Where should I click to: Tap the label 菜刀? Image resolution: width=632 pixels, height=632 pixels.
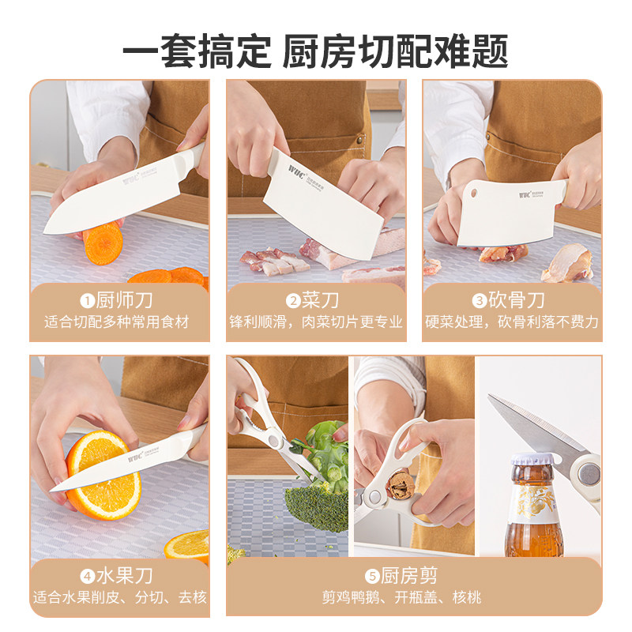(x=323, y=300)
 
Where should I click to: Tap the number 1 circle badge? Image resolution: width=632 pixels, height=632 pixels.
(x=87, y=300)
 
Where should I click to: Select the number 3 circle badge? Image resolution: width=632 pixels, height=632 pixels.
(x=480, y=300)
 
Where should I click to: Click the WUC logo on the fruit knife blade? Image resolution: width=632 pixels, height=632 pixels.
(x=137, y=457)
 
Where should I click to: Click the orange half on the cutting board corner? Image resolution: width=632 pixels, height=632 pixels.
(x=187, y=545)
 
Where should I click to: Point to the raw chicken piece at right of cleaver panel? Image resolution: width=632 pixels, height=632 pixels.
(x=569, y=262)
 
